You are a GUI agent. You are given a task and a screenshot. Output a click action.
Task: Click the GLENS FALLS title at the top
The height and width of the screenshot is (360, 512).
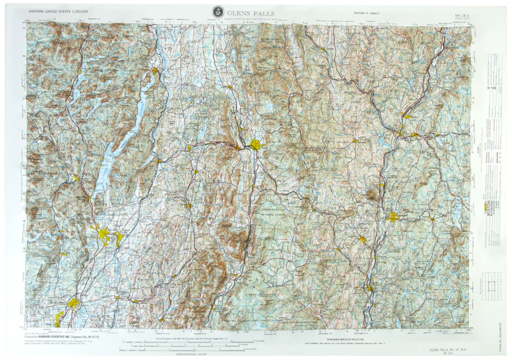coord(251,13)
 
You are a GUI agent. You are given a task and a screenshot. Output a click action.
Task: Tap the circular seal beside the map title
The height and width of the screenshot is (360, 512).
coord(218,12)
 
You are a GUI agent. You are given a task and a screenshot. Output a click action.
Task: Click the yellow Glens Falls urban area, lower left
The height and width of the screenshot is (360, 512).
coord(104,234)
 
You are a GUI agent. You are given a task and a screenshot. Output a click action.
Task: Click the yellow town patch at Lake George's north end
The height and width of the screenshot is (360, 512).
coord(155,71)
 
